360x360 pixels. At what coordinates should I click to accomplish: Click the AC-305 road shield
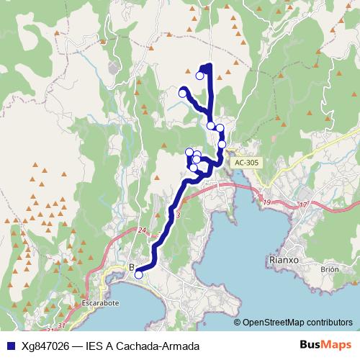(x=246, y=163)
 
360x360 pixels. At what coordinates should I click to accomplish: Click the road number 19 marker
(x=268, y=203)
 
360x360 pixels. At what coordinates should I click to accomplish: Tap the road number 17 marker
(x=302, y=205)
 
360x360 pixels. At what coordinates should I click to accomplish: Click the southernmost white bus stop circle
(x=138, y=274)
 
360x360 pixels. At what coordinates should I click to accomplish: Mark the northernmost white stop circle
(x=200, y=75)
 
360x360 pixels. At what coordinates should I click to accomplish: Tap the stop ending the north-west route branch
(x=183, y=92)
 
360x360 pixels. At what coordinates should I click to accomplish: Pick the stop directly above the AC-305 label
(x=222, y=144)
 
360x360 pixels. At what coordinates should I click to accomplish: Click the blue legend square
(x=8, y=346)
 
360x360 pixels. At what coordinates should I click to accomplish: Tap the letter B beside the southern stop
(x=131, y=268)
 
